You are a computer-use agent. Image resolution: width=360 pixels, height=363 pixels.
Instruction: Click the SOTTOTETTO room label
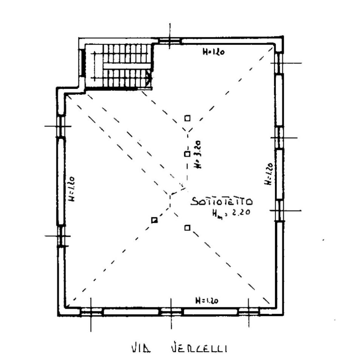coord(222,202)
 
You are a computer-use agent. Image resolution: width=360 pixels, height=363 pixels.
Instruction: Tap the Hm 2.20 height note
coord(231,213)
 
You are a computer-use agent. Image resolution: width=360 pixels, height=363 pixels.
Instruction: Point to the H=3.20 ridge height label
coord(197,154)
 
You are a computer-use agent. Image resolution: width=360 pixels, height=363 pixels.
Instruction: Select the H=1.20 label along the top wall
coord(213,52)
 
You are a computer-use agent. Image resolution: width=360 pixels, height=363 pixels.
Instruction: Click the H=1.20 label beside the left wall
coord(72,189)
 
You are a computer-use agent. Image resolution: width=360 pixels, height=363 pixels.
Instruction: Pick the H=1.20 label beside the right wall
coord(268,174)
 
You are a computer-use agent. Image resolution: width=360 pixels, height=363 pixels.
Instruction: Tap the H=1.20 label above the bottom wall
coord(207,301)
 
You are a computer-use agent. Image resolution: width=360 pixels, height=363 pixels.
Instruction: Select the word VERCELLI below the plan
coord(199,348)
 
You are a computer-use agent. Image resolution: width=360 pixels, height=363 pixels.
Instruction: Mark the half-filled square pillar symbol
coord(154,220)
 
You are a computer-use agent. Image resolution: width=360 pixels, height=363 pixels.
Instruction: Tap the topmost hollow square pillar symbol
coord(187,118)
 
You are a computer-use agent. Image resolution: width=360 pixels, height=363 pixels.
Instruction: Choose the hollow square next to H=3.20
coord(187,154)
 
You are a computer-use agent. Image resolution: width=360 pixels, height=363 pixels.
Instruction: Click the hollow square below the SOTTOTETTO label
coord(187,228)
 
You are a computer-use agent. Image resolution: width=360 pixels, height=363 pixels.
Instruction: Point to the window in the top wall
coord(170,41)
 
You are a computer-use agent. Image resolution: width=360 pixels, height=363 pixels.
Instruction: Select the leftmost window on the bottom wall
coord(91,312)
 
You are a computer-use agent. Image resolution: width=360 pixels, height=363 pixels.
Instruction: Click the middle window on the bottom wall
coord(171,312)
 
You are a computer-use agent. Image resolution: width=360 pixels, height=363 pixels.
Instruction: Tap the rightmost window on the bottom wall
coord(249,312)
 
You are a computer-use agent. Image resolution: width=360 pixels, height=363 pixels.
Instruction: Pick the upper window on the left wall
coord(61,126)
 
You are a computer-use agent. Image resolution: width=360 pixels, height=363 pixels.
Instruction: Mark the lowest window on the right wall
coord(279,211)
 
